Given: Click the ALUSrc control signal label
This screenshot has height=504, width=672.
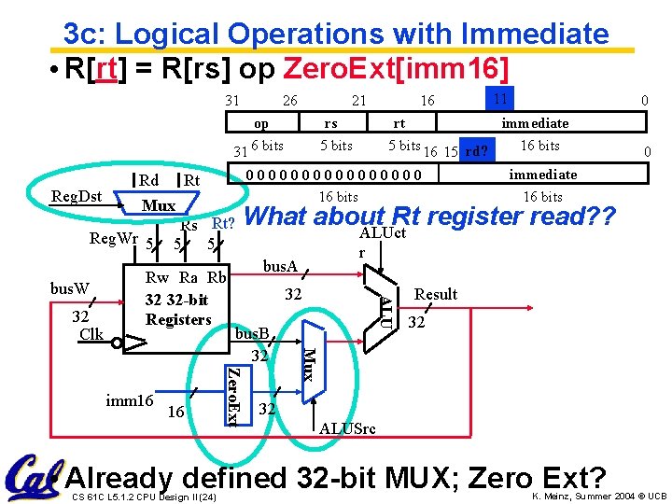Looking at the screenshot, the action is point(347,428).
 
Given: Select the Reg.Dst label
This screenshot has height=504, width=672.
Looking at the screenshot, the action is point(77,196).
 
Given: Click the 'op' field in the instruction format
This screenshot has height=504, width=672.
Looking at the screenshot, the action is point(261,123).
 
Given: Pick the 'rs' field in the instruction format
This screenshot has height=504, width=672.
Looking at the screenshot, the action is point(330,123).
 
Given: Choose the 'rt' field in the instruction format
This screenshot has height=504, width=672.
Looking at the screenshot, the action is point(399,123).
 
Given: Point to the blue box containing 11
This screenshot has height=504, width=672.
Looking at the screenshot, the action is point(500,97).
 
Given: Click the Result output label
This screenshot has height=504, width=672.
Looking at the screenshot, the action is point(436,294).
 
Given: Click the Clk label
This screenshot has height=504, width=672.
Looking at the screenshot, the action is point(91,333).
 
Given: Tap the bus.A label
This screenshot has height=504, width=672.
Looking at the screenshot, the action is point(280,267).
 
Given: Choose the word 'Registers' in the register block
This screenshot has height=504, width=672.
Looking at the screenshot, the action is point(178,319).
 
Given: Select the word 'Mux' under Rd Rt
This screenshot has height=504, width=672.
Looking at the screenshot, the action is point(159,204).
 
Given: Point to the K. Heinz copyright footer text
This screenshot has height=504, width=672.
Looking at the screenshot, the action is point(598,496).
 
